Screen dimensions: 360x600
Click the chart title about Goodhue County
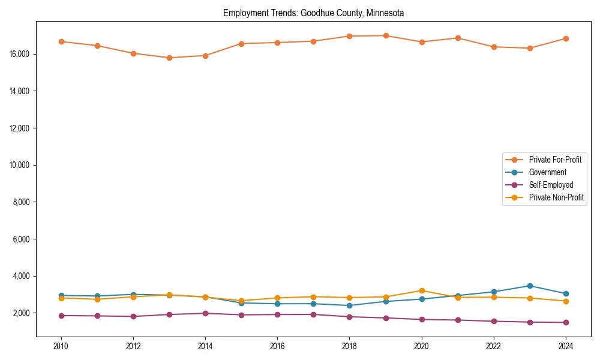pyautogui.click(x=314, y=13)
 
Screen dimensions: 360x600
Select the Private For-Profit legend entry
pyautogui.click(x=555, y=160)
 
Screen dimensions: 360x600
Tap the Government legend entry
pyautogui.click(x=547, y=172)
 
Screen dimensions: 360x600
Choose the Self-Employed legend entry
pyautogui.click(x=551, y=185)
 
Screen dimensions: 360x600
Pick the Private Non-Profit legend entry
pyautogui.click(x=556, y=197)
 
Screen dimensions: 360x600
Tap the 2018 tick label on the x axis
pyautogui.click(x=349, y=346)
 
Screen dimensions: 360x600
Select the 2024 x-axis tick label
pyautogui.click(x=566, y=346)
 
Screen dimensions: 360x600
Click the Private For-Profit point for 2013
pyautogui.click(x=169, y=58)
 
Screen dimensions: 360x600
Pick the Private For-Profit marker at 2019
pyautogui.click(x=386, y=35)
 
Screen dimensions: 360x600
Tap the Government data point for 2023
pyautogui.click(x=530, y=286)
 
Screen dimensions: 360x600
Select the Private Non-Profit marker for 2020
pyautogui.click(x=422, y=290)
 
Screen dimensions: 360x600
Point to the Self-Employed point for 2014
pyautogui.click(x=205, y=313)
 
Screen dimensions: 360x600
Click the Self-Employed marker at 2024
pyautogui.click(x=566, y=322)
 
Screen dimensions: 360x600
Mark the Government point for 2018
pyautogui.click(x=349, y=305)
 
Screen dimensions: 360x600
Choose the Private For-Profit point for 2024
pyautogui.click(x=566, y=38)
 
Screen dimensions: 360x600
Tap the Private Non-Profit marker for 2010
pyautogui.click(x=61, y=298)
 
